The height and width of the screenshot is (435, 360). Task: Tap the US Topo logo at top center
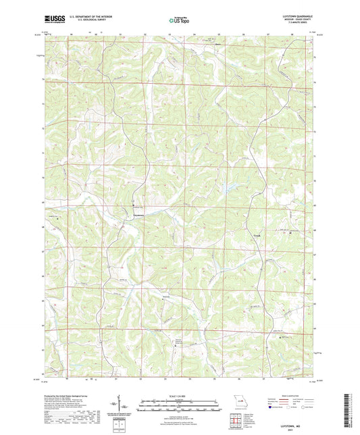point(179,21)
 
